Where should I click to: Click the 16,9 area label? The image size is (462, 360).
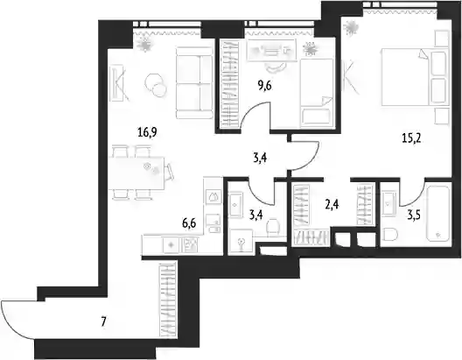[147, 132]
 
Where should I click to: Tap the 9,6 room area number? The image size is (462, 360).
[264, 86]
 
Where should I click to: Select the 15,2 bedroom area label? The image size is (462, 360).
[411, 138]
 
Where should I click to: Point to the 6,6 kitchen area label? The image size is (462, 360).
[189, 223]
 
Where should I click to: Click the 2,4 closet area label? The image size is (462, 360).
[332, 204]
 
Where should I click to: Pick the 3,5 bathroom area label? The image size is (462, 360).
[414, 215]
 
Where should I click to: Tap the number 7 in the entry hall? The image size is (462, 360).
[103, 322]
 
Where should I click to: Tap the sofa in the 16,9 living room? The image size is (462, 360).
[194, 82]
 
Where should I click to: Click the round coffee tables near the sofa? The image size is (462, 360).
[156, 85]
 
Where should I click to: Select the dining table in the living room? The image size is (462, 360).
[136, 173]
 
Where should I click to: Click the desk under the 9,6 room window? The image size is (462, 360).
[271, 51]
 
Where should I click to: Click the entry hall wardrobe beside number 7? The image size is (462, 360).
[167, 300]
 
